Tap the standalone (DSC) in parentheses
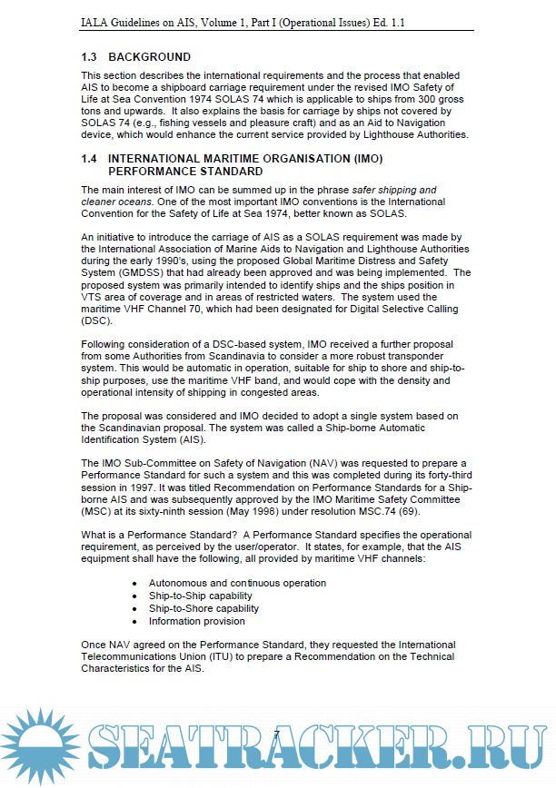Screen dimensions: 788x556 [x=95, y=321]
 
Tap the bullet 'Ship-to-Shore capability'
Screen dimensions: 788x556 [x=204, y=609]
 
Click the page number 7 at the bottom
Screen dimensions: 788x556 [x=276, y=733]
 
